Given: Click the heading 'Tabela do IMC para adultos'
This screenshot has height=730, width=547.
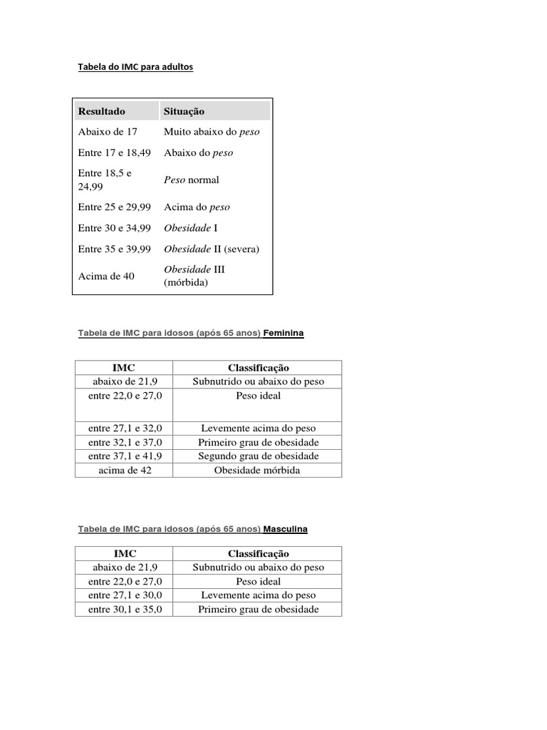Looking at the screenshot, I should (135, 67).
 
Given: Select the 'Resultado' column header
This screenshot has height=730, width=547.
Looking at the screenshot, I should (102, 111).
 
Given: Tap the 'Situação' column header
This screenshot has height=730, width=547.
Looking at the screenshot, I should (184, 111).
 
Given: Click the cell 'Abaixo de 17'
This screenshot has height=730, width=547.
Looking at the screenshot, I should (108, 132).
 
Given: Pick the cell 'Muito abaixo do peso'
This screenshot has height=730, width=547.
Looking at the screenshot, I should (212, 132).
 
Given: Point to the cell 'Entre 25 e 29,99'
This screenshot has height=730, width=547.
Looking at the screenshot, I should (114, 207).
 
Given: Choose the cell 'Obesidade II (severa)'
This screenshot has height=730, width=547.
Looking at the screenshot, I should (212, 249).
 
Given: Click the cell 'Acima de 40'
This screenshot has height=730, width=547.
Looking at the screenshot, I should (106, 276).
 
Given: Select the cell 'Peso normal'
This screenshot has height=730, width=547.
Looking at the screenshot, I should (192, 180).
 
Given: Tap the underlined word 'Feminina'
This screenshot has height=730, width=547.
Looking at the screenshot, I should (283, 333).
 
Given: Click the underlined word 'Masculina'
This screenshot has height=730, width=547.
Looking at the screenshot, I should (286, 530).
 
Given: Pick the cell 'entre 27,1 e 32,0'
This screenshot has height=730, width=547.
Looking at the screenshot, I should (125, 428).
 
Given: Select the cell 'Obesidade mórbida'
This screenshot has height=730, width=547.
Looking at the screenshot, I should (257, 471).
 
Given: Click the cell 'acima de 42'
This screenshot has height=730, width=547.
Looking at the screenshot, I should (125, 471).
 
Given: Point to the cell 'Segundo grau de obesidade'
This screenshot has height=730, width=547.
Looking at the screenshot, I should (258, 456).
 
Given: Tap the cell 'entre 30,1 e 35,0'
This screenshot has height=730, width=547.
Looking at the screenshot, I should (125, 610).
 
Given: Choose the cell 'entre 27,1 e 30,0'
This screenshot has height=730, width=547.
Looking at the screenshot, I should (125, 595).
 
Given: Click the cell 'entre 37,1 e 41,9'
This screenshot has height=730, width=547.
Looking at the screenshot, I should (125, 456).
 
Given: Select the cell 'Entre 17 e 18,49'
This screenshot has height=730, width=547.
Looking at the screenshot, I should (114, 153).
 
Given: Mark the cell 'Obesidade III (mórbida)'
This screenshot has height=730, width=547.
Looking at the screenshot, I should (194, 276).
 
